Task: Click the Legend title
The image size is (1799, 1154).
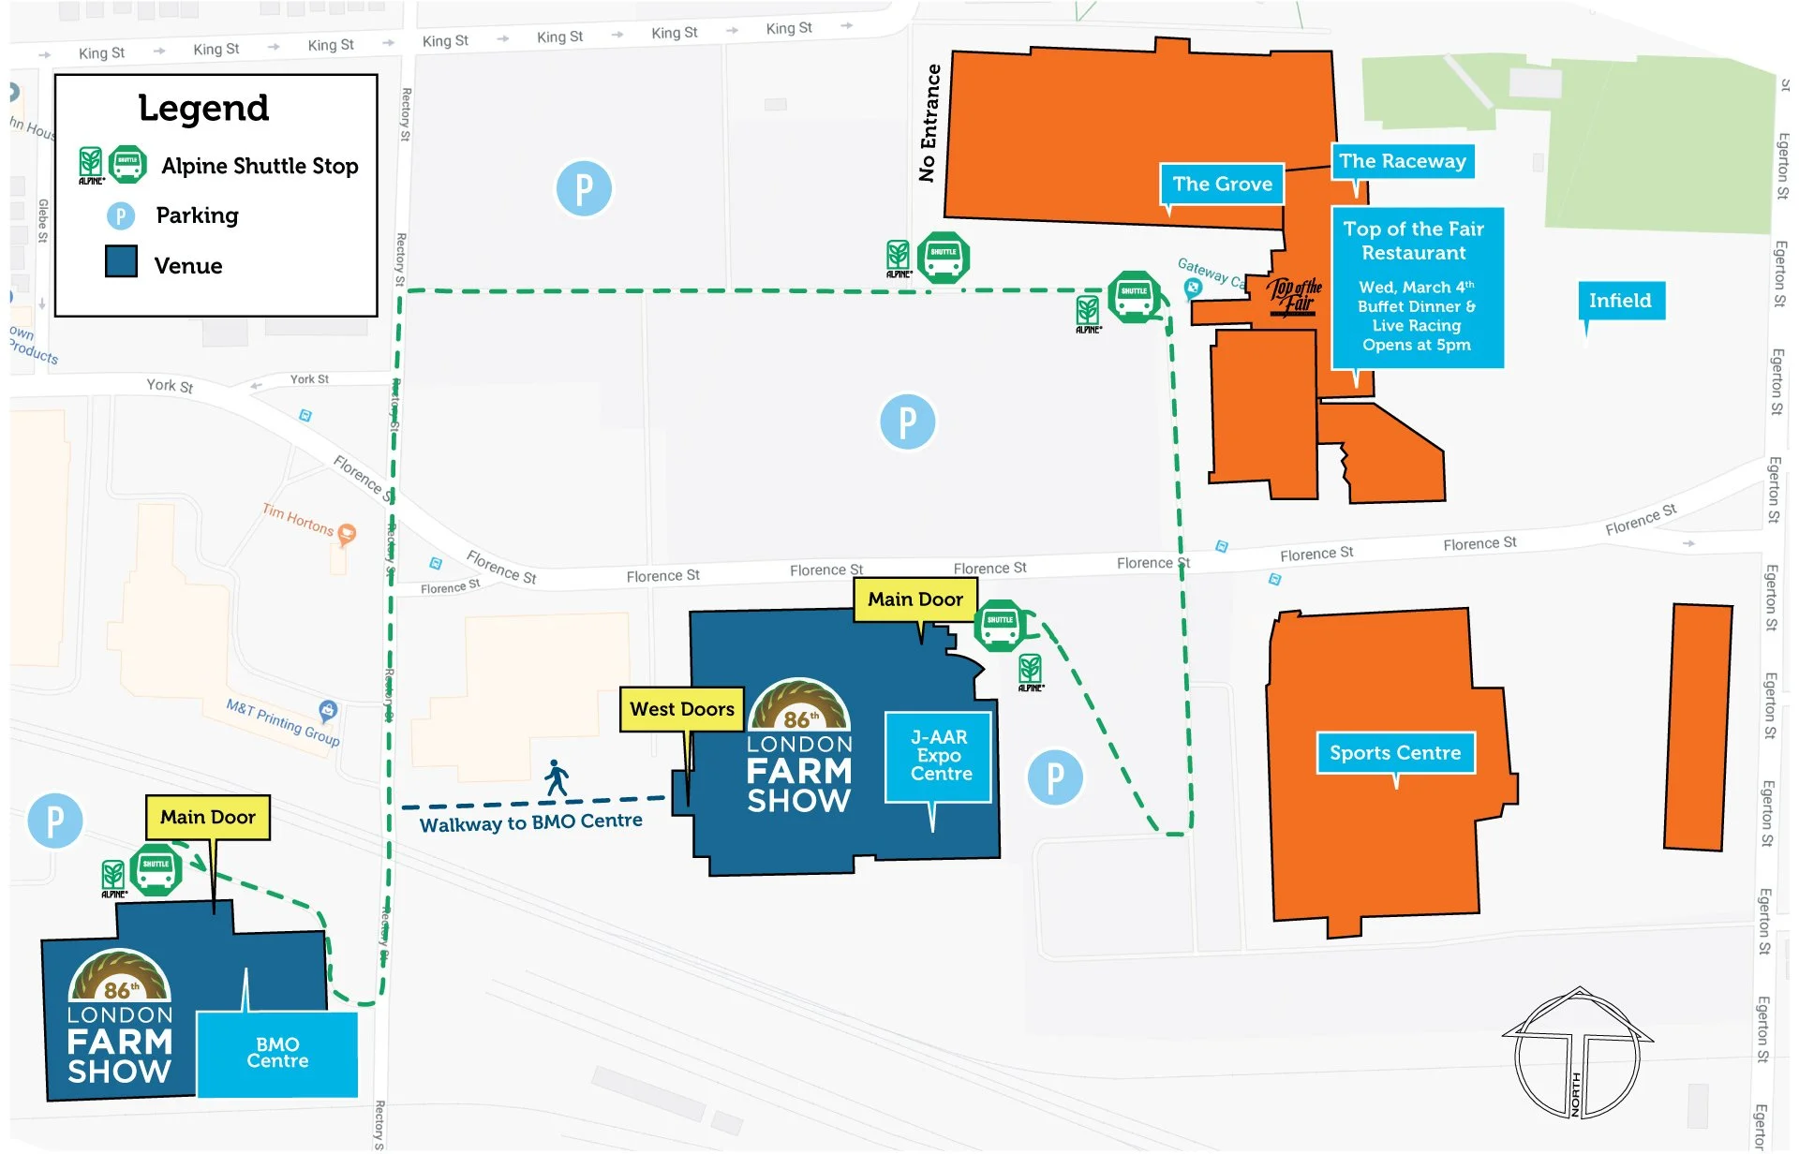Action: (203, 108)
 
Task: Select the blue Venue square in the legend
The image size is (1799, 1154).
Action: (121, 261)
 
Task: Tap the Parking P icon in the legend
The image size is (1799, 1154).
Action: (120, 216)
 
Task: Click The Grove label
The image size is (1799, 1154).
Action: (1222, 185)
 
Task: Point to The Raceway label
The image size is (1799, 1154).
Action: (1402, 161)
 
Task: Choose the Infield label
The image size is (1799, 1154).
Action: (1620, 301)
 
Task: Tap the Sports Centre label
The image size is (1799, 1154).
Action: (1395, 753)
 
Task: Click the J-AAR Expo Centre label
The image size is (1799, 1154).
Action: (939, 756)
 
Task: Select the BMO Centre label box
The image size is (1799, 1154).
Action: (277, 1053)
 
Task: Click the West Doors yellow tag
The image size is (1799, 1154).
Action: (682, 709)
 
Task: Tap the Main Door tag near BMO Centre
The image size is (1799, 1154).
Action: (208, 817)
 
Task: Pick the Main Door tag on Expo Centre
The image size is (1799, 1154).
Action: (915, 599)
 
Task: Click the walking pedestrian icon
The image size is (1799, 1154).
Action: (557, 777)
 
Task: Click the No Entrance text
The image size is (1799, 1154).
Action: (929, 123)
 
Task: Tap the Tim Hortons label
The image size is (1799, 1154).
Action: (298, 519)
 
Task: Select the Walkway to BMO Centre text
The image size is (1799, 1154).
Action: (531, 822)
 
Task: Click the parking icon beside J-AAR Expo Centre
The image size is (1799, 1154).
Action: (1055, 777)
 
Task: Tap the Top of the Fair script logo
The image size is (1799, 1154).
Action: (1295, 296)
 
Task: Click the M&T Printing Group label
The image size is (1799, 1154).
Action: (283, 722)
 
